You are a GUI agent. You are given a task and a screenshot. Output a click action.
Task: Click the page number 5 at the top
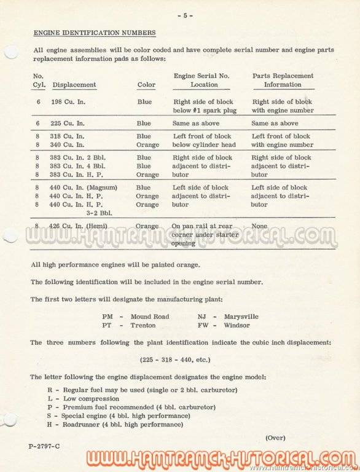[x=185, y=15]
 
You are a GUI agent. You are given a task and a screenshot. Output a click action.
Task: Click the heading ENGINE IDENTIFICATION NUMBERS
[x=94, y=32]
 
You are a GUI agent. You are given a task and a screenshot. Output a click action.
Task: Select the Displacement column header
[x=74, y=85]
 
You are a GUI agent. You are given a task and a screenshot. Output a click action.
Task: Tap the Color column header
[x=146, y=85]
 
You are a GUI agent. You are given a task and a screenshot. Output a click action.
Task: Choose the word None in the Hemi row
[x=259, y=226]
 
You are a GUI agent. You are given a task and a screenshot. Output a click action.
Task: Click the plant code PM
[x=108, y=317]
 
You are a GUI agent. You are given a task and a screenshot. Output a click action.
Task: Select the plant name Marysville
[x=241, y=317]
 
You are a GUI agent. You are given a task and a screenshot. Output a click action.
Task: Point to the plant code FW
[x=203, y=325]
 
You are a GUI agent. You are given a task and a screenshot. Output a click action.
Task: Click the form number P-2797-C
[x=44, y=444]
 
